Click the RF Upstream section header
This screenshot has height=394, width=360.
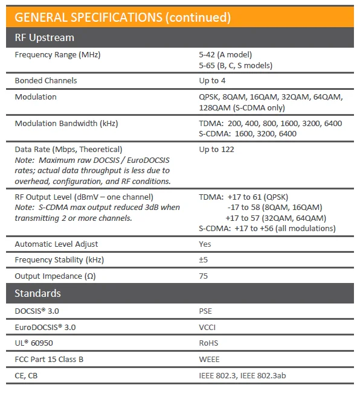click(44, 37)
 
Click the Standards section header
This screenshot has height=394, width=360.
click(37, 293)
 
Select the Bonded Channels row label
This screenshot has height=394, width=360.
click(46, 80)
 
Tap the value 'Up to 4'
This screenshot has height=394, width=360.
click(213, 80)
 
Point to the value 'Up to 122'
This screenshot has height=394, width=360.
click(216, 149)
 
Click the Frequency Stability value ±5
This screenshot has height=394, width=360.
click(204, 260)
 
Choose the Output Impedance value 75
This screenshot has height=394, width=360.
click(204, 276)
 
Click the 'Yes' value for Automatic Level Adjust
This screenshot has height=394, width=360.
click(205, 244)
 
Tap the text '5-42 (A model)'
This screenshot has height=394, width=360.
click(225, 55)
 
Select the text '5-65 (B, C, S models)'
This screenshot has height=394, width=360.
click(236, 65)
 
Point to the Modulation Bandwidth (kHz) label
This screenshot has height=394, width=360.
click(66, 124)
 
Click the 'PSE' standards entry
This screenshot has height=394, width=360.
click(205, 311)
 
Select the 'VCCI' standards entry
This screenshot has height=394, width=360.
click(207, 328)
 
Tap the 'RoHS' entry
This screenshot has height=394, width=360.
click(208, 343)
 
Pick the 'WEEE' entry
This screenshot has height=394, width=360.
click(209, 360)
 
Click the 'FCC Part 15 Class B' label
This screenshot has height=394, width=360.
click(50, 360)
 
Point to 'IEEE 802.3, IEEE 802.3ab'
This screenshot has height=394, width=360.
click(242, 376)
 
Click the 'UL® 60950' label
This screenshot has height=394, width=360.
click(37, 343)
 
